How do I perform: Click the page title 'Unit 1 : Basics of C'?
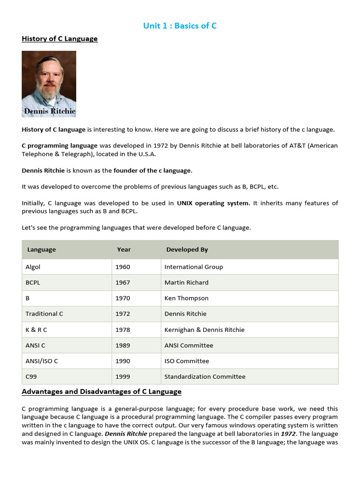tap(180, 26)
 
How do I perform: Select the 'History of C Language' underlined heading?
tap(60, 39)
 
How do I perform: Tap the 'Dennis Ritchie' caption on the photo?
tap(50, 111)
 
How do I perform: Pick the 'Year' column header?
tap(124, 250)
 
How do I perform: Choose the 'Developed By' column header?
tap(186, 250)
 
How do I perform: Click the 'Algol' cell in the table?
tap(33, 267)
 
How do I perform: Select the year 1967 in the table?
tap(123, 283)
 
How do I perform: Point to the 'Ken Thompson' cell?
tap(187, 298)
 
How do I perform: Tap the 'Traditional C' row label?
tap(45, 314)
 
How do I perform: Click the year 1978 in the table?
tap(123, 330)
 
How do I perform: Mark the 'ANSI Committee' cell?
tap(189, 345)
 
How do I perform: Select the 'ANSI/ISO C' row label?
tap(42, 361)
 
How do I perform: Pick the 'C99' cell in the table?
tap(31, 377)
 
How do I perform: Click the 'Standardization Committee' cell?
tap(205, 377)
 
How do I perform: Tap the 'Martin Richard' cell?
tap(187, 283)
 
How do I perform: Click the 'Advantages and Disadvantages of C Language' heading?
tap(102, 391)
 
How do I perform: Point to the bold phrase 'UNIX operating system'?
tap(213, 203)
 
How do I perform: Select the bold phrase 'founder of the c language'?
tap(153, 171)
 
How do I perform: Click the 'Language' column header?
tap(42, 250)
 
